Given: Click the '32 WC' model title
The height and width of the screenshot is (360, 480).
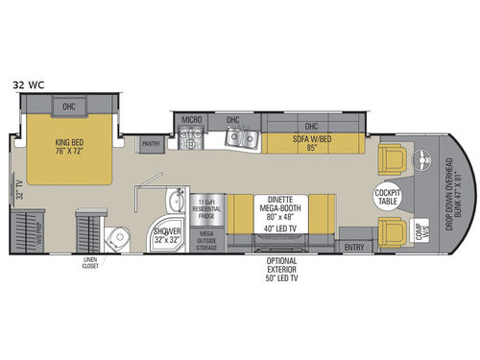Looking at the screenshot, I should pos(30,84).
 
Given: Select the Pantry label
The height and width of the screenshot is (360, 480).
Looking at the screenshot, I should pos(150,144).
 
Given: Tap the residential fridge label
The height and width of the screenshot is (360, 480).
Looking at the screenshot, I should pos(206,206).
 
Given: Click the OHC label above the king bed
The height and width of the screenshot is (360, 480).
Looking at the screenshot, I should pos(69,107).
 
